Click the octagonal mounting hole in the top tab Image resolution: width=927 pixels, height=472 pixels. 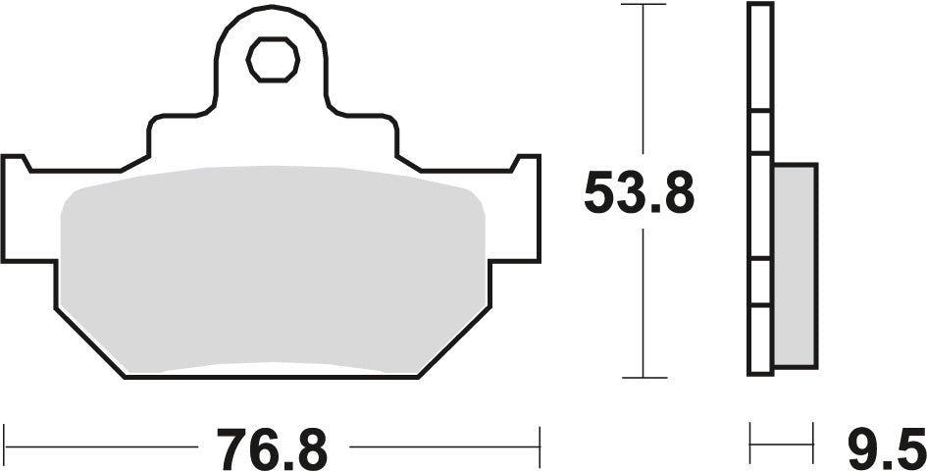(273, 61)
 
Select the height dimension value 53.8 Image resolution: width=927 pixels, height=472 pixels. (639, 193)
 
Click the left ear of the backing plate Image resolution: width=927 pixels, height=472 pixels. (25, 211)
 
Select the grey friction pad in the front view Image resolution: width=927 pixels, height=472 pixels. (273, 270)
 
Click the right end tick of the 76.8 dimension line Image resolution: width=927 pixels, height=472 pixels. (540, 437)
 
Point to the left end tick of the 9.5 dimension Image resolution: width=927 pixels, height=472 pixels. (751, 437)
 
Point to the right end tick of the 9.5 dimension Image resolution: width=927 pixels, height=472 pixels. (813, 437)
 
